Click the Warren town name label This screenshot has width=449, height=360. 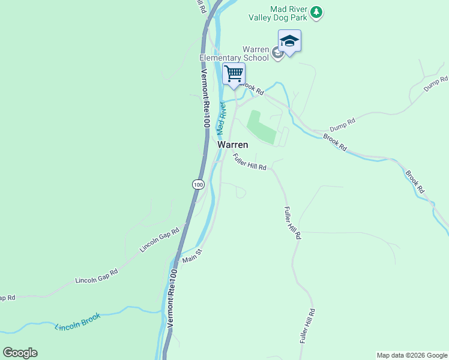(233, 145)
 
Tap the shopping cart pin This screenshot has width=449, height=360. (234, 74)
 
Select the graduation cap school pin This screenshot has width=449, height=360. (289, 41)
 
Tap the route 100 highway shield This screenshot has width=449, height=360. (197, 184)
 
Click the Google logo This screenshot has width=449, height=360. (20, 353)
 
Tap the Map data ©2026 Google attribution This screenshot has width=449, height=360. (412, 355)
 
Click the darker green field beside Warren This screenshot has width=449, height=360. (262, 127)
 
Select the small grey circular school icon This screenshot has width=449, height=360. (277, 54)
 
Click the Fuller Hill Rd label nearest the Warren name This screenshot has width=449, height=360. (249, 163)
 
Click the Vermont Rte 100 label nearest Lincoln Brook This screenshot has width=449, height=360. (172, 298)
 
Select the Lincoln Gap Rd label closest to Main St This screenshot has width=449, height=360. (160, 239)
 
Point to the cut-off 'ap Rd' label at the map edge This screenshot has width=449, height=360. (7, 298)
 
